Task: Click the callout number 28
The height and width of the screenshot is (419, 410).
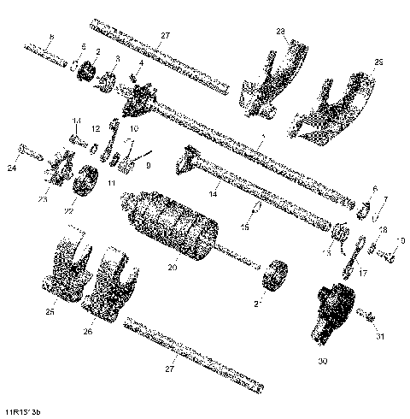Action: pyautogui.click(x=280, y=32)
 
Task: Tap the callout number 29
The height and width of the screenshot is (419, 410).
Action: pyautogui.click(x=379, y=62)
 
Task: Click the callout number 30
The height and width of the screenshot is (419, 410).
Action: pyautogui.click(x=323, y=363)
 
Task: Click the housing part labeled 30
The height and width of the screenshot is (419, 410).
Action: pyautogui.click(x=329, y=308)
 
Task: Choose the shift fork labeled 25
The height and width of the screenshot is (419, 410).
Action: pyautogui.click(x=64, y=265)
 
